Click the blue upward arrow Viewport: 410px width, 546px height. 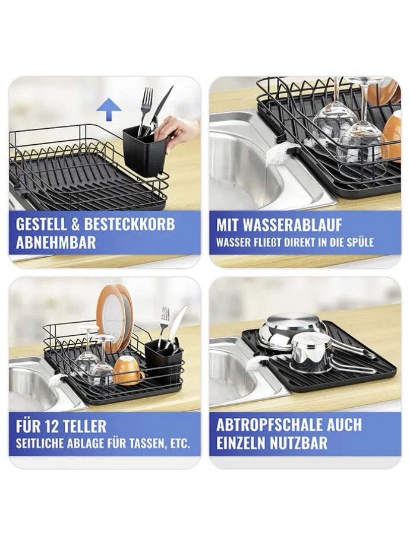click(x=109, y=109)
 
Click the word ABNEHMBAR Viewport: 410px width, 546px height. click(x=55, y=242)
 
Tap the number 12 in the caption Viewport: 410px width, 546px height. click(x=52, y=426)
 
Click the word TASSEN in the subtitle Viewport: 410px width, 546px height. click(x=147, y=444)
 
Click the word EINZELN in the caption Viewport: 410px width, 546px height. click(x=244, y=443)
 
